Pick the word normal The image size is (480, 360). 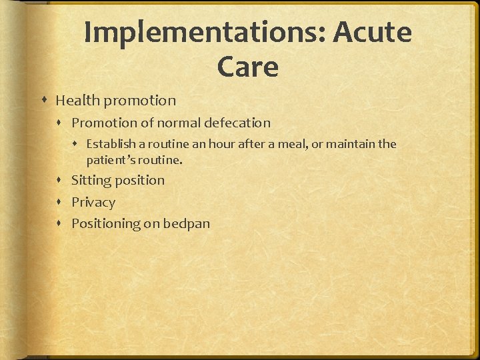[179, 123]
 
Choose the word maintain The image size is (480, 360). [351, 144]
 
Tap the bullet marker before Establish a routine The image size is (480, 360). [77, 145]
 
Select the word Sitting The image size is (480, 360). [91, 181]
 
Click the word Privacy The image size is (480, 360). [93, 203]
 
